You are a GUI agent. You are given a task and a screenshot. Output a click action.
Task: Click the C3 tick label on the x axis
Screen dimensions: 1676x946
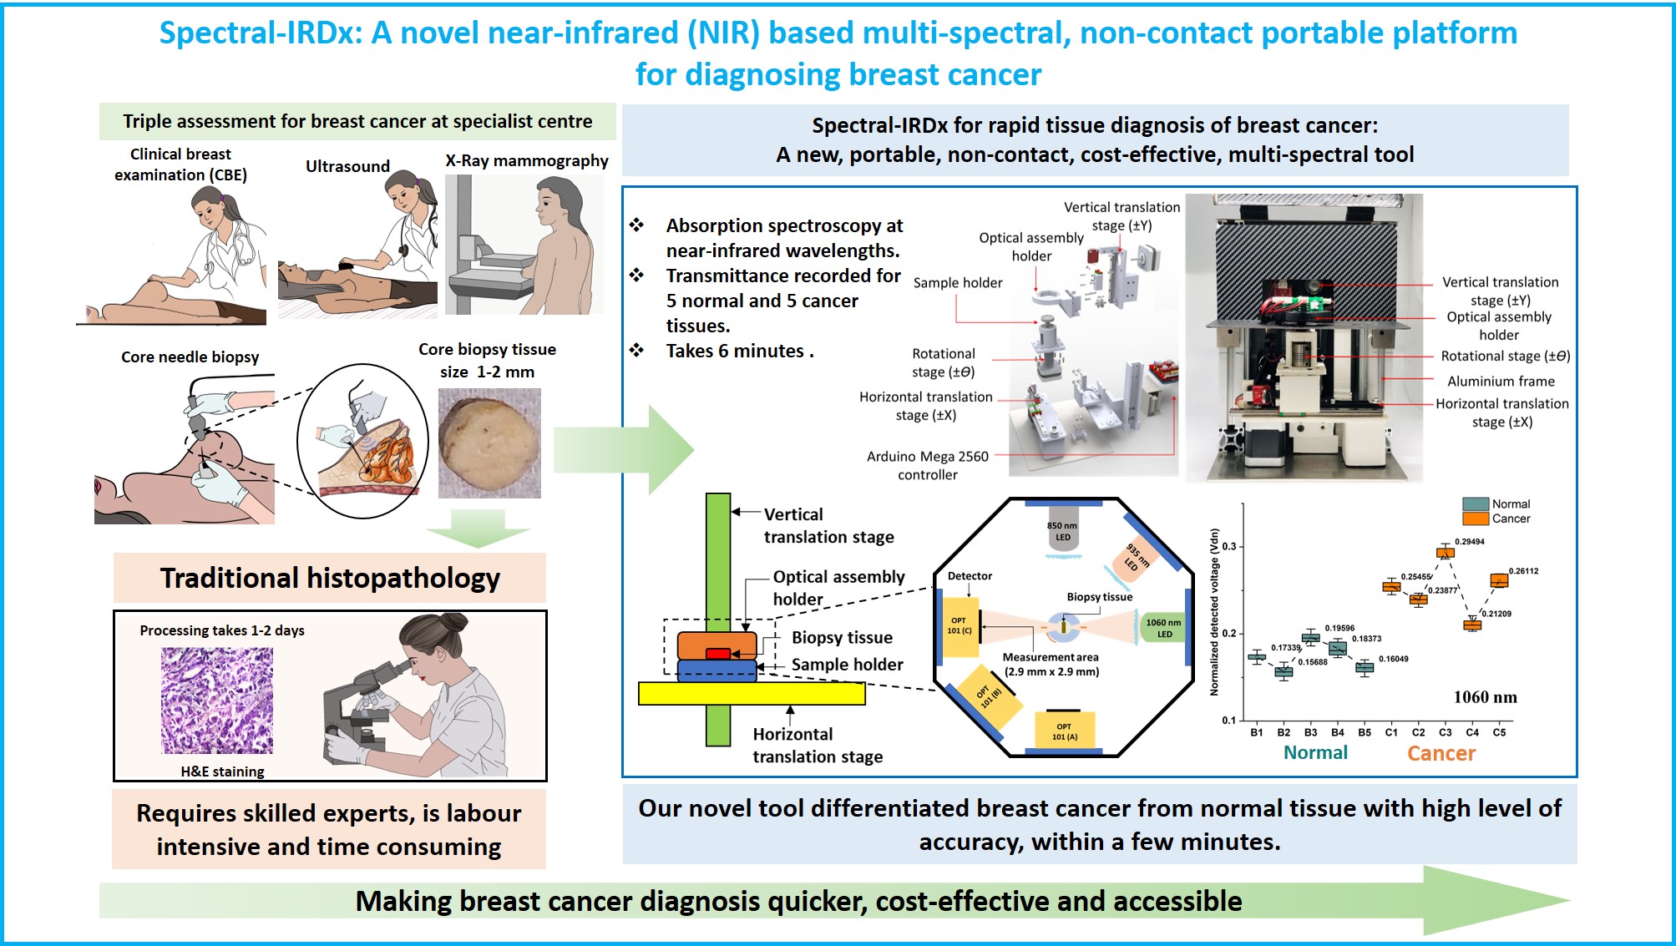(x=1446, y=732)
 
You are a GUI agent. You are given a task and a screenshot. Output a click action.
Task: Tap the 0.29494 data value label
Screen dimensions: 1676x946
(x=1470, y=542)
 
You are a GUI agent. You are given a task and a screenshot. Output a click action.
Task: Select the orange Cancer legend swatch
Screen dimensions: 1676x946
(x=1476, y=519)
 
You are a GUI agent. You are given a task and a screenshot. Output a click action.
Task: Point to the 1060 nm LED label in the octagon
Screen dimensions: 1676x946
(x=1163, y=628)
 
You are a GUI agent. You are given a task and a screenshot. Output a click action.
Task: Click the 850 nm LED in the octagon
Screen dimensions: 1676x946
(x=1062, y=531)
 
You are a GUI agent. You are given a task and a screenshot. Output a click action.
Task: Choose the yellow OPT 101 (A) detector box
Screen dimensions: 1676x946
(x=1064, y=731)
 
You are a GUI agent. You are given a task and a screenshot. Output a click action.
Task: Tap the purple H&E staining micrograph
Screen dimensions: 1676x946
(x=217, y=701)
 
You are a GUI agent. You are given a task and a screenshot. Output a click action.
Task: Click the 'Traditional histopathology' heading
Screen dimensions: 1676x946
(x=330, y=578)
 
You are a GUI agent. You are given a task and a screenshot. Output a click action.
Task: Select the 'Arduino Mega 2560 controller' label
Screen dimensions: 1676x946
(x=928, y=466)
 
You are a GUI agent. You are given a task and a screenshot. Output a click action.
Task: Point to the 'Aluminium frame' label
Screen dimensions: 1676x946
(x=1501, y=381)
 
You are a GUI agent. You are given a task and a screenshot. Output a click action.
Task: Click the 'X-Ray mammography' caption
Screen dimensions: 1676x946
(x=527, y=160)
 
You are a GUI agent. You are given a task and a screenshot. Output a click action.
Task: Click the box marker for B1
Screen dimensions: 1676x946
(x=1257, y=657)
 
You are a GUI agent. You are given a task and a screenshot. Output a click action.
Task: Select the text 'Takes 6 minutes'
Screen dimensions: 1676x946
(x=735, y=352)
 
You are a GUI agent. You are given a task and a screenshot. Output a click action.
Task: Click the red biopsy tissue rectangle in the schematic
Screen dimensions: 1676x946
(x=718, y=654)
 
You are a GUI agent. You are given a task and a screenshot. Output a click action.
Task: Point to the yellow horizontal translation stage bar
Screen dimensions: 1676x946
(x=752, y=693)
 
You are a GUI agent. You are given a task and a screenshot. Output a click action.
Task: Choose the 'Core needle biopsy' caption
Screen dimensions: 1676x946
(x=190, y=357)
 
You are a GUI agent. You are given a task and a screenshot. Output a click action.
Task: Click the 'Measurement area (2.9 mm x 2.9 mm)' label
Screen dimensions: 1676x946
(x=1051, y=665)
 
